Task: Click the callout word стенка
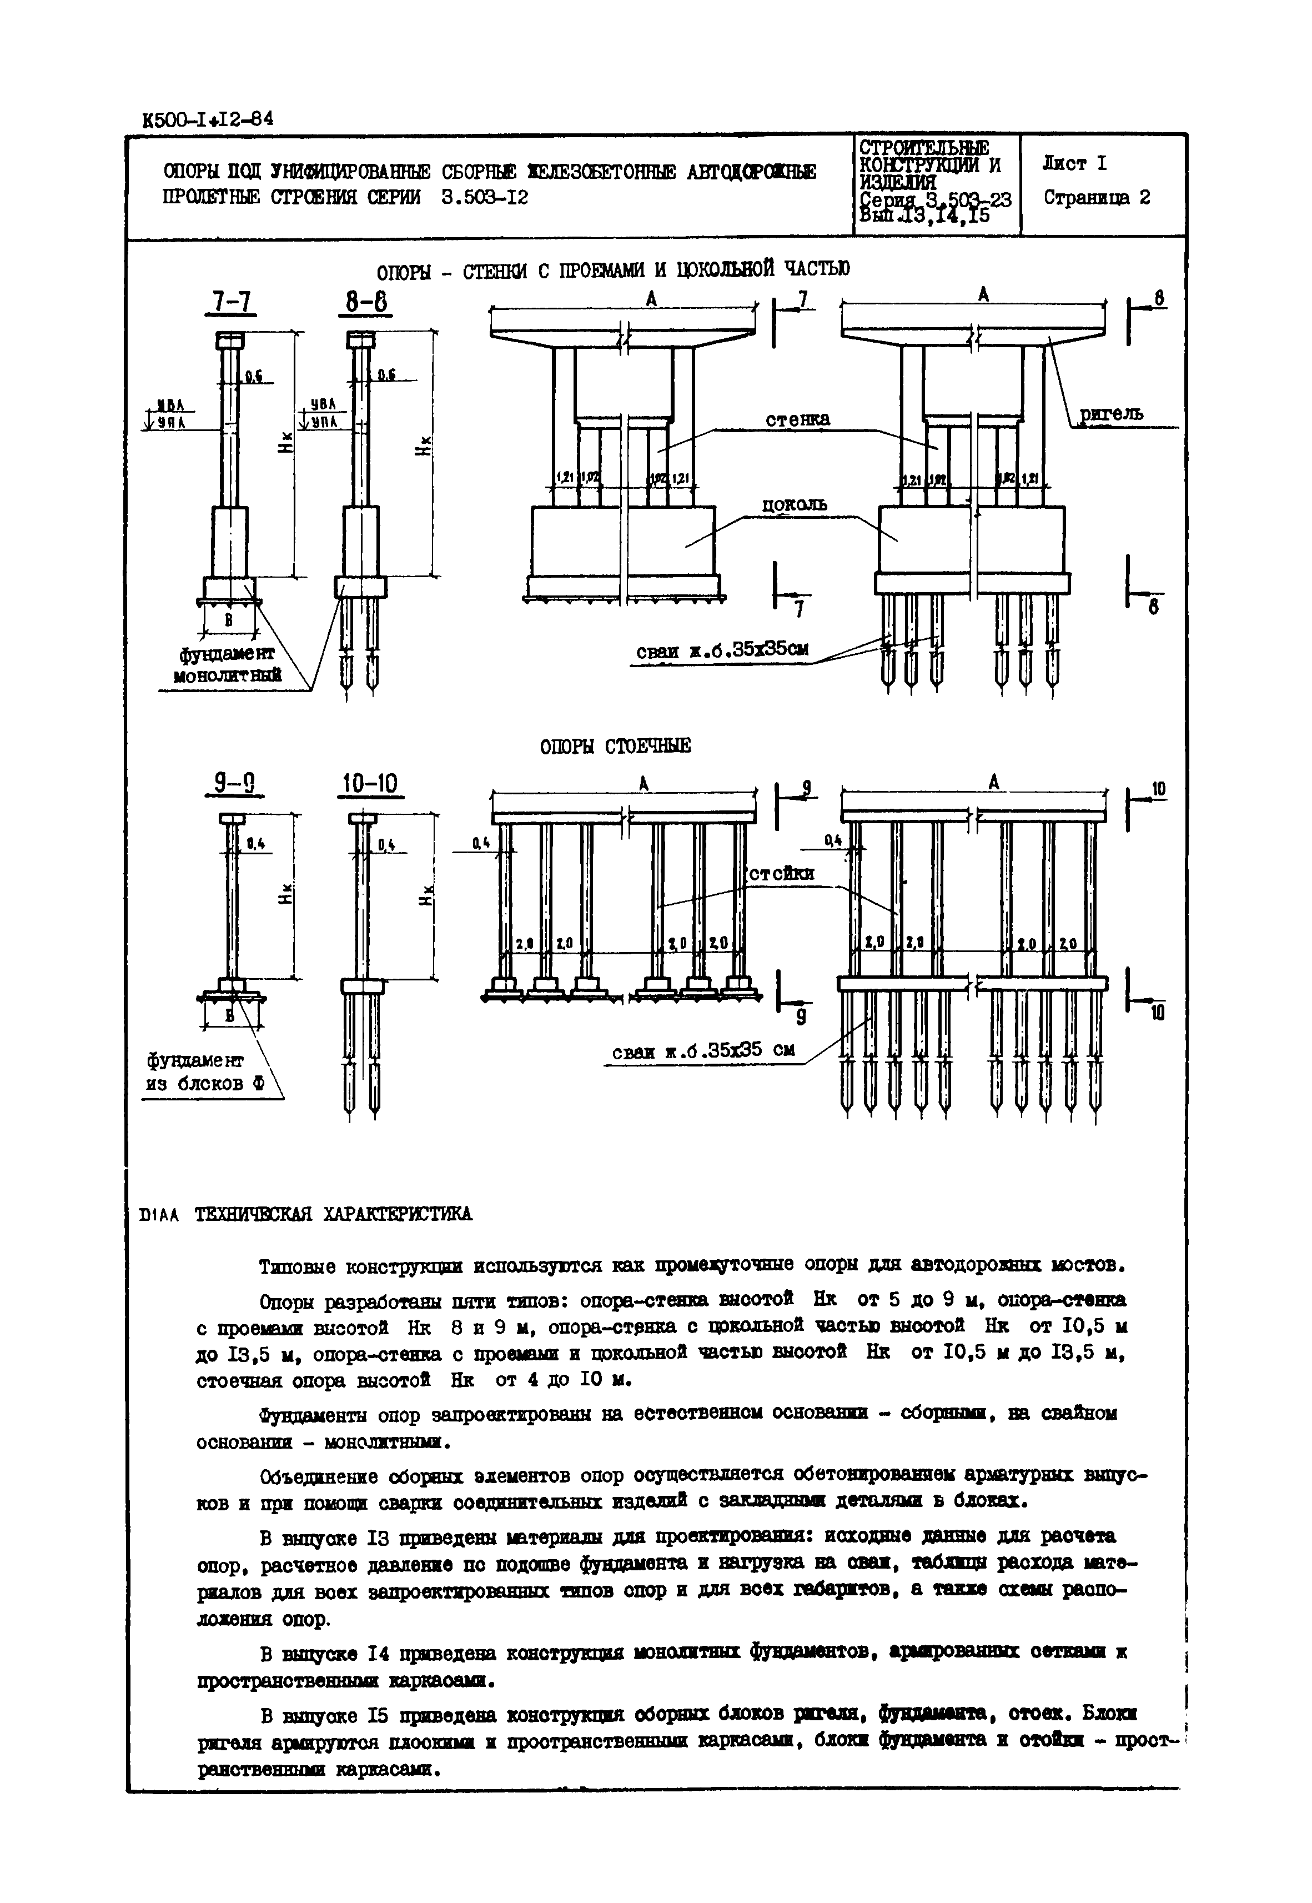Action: (797, 419)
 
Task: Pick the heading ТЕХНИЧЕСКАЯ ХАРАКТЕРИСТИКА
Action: (333, 1214)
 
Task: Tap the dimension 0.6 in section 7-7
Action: (253, 377)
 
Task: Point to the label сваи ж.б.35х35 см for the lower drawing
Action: (703, 1052)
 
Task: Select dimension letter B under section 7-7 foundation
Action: (229, 621)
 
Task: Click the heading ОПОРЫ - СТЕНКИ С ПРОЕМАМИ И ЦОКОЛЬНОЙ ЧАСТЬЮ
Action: (612, 270)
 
